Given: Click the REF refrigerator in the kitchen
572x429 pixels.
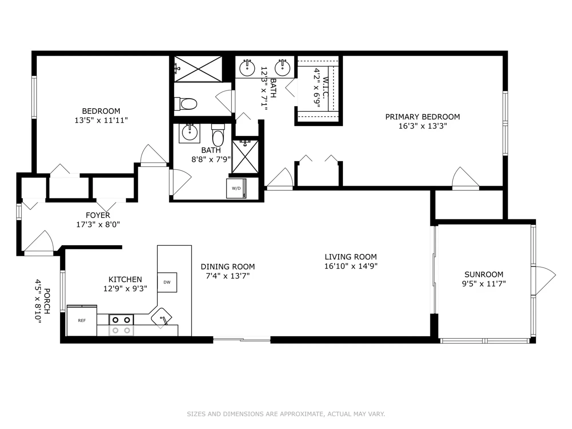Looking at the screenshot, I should [82, 321].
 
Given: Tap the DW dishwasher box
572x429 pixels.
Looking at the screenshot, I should [167, 282].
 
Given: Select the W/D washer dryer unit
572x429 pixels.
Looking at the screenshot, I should [236, 188].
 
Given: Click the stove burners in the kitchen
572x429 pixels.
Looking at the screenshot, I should [121, 325].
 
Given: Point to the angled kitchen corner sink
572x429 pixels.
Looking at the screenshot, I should [162, 317].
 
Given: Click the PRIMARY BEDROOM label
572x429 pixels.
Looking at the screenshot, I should [422, 117].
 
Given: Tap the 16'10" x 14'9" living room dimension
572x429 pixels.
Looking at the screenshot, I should [351, 266].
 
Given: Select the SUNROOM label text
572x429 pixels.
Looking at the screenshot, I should [484, 275].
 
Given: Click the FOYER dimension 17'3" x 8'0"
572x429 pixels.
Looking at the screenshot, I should [98, 225].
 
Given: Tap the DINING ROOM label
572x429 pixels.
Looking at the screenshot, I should [228, 267].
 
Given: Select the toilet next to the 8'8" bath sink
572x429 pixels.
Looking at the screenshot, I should [218, 136].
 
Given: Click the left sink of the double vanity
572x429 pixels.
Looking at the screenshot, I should [247, 68].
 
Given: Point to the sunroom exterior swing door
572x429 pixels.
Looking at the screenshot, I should [545, 280].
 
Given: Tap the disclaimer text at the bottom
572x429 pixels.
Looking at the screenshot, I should [286, 414].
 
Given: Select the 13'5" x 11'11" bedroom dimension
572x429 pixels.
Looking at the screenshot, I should [101, 120].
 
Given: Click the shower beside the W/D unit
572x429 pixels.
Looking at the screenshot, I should [245, 157].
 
